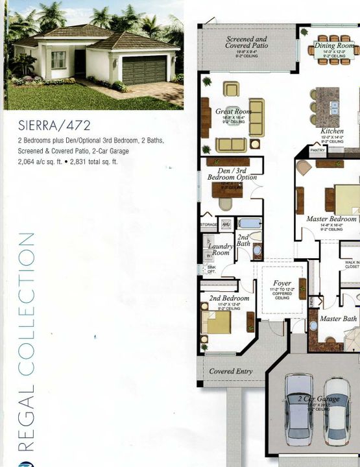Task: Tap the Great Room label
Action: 232,112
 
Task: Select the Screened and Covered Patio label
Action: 246,43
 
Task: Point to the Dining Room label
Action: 334,46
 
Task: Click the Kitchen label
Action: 333,131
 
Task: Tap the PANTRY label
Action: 318,150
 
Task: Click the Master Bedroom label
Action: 331,219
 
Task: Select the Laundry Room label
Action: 221,250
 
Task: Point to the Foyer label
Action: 282,283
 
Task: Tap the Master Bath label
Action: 338,318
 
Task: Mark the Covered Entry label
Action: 230,372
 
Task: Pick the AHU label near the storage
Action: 226,224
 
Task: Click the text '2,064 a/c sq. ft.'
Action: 42,162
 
